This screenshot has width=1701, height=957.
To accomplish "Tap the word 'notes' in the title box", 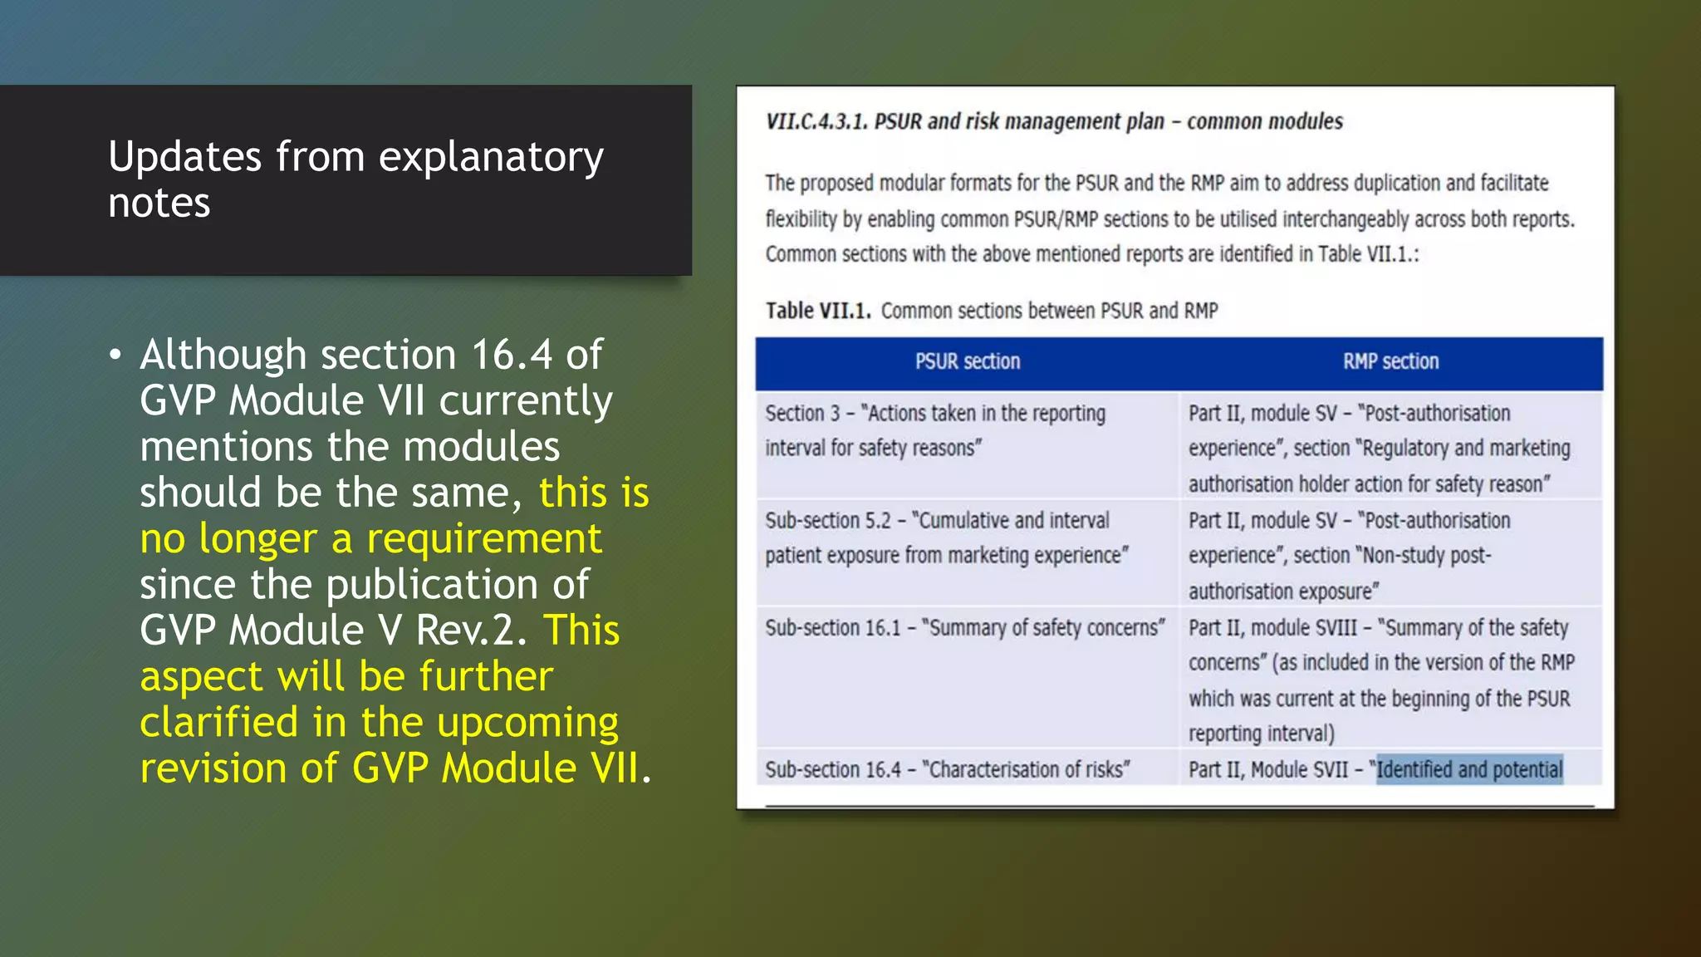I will point(159,204).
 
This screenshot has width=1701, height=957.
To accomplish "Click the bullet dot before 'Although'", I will point(115,356).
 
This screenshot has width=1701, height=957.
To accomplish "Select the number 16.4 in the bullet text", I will point(511,356).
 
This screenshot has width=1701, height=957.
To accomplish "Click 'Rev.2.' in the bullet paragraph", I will point(471,631).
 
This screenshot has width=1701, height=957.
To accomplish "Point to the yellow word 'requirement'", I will point(483,538).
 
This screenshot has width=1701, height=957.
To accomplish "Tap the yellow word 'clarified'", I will point(218,722).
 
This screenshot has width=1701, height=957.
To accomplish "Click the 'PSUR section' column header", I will point(967,362).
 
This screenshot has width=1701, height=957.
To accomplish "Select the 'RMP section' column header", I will point(1390,362).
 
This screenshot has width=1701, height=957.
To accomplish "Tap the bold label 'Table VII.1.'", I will point(817,311).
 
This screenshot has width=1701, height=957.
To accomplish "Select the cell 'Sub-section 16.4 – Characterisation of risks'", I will point(947,770).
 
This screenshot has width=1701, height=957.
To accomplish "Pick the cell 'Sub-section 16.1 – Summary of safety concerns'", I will point(964,628).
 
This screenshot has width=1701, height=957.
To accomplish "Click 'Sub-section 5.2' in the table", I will point(827,521).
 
